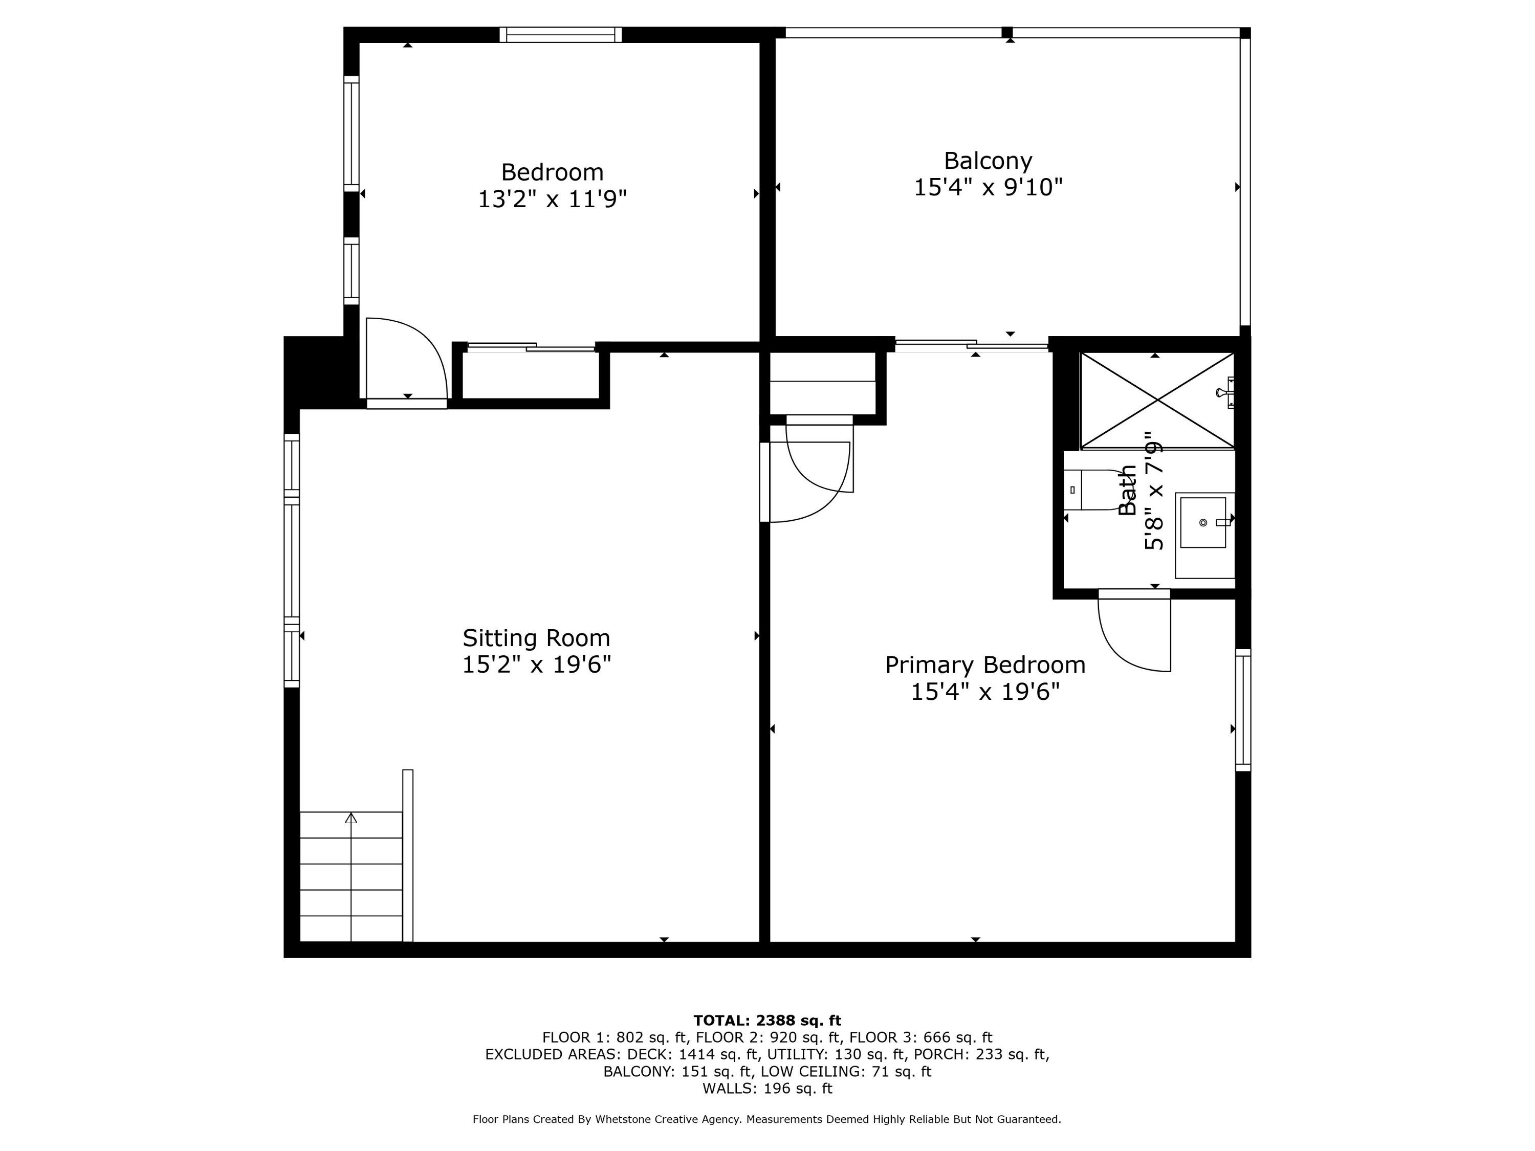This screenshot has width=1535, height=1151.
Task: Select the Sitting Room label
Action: click(536, 637)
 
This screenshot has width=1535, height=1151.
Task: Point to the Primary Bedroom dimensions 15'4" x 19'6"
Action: click(985, 692)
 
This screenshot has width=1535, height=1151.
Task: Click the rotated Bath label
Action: click(1128, 490)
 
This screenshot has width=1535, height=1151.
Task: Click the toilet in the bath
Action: click(1089, 490)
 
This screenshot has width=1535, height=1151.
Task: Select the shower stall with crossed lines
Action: click(1157, 401)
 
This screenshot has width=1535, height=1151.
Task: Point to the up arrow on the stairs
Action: click(351, 818)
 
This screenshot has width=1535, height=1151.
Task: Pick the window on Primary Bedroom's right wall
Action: click(1243, 710)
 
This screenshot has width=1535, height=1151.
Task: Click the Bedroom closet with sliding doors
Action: click(531, 374)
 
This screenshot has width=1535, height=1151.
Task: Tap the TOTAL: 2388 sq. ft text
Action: click(767, 1021)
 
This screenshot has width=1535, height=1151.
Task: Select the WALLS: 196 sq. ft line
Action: click(767, 1089)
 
